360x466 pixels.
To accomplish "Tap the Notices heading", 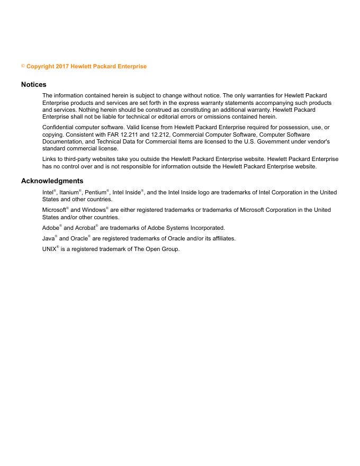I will (34, 85).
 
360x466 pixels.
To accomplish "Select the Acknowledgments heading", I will (52, 181).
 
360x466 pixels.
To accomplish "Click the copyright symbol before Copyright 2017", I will (23, 66).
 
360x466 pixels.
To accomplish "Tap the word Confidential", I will (58, 128).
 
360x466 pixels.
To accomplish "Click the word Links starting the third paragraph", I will (50, 159).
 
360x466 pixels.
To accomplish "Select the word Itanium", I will (69, 193).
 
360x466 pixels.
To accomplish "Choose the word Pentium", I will (95, 193).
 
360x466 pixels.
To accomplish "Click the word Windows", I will (93, 210).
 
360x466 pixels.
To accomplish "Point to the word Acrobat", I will (84, 228).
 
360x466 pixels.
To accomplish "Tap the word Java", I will (48, 238).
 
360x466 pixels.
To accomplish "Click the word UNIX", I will (49, 249).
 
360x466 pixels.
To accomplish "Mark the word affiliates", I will (222, 238).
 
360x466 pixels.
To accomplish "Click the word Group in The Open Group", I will (170, 249).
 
